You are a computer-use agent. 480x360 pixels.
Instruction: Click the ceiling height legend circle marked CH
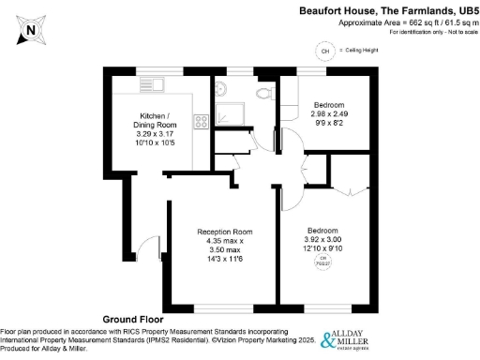(x=325, y=51)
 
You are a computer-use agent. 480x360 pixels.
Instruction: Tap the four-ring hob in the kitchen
(x=201, y=121)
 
